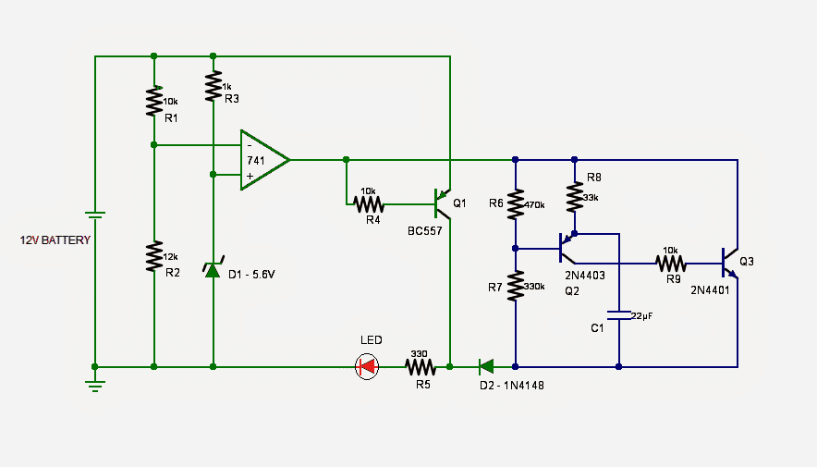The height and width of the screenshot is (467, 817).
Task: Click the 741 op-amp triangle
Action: (x=262, y=160)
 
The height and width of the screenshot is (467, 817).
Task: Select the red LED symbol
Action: (x=368, y=367)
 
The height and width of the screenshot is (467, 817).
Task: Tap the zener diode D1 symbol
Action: (x=213, y=269)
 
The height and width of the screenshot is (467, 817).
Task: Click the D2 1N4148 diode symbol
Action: (x=486, y=367)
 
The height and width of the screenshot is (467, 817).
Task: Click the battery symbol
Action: (x=94, y=218)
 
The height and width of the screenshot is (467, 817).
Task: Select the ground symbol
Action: (x=94, y=383)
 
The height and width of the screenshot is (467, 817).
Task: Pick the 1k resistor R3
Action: (x=213, y=89)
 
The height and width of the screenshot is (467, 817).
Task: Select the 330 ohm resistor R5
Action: (x=421, y=367)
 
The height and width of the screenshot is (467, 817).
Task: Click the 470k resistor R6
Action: (x=515, y=203)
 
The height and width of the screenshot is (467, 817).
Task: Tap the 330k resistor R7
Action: (x=515, y=287)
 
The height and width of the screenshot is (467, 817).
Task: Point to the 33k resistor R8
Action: (x=574, y=197)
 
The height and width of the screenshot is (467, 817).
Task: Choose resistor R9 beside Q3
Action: (x=671, y=263)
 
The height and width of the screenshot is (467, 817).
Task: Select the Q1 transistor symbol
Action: (x=442, y=203)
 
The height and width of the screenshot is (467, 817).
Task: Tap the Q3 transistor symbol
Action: (x=728, y=263)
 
